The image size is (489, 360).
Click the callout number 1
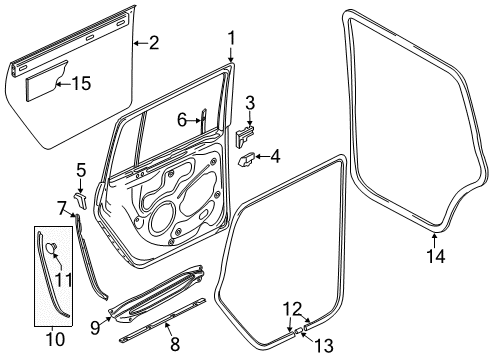tap(231, 38)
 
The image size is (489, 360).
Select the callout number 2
tap(154, 43)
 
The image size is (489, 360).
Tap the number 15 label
tap(81, 83)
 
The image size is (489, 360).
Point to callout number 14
tap(435, 256)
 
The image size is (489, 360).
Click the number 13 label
tap(324, 345)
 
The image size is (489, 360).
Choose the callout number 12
tap(293, 309)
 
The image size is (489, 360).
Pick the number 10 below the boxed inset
tap(55, 339)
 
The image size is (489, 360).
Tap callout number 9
tap(95, 328)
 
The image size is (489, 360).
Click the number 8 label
tap(175, 344)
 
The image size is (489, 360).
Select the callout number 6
tap(182, 120)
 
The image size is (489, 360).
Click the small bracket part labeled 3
tap(245, 135)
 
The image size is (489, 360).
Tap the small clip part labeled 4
tap(247, 159)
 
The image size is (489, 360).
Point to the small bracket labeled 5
tap(80, 199)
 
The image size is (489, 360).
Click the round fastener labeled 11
tap(51, 247)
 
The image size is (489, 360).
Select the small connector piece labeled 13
tap(299, 330)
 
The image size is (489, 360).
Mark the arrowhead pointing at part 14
tap(434, 236)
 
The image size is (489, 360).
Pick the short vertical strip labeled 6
tap(203, 121)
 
